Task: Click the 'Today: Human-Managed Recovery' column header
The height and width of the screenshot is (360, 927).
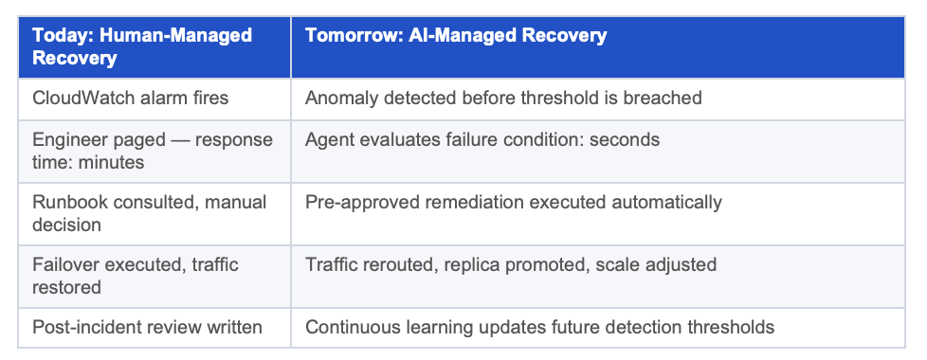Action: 154,46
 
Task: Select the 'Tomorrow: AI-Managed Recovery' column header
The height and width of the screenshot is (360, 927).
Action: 598,46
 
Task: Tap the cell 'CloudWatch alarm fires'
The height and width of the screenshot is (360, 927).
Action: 154,99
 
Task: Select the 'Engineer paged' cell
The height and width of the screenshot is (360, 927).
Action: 154,152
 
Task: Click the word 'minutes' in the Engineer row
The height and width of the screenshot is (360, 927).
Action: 110,162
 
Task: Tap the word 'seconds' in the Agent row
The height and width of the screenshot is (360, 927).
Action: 625,139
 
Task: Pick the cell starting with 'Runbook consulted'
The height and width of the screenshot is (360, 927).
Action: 154,213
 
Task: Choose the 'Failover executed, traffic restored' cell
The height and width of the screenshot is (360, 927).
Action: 154,276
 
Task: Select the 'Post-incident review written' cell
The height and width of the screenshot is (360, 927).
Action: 154,328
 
